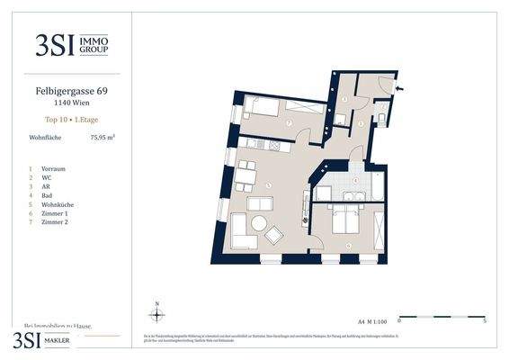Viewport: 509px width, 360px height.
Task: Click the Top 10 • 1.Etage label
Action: tap(68, 119)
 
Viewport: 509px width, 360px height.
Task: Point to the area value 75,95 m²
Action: tap(102, 138)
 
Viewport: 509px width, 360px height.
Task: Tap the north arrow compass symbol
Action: tap(156, 314)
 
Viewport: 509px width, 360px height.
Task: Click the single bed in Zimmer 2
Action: tap(262, 108)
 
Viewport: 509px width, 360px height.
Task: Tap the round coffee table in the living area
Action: tap(259, 224)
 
